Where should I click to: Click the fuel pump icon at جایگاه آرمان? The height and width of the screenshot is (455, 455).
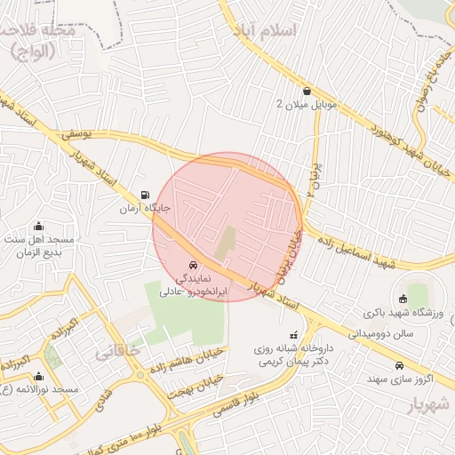point(145,195)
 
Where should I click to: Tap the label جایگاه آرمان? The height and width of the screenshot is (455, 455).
point(146,209)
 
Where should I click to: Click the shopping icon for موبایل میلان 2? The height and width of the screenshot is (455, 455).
point(307,91)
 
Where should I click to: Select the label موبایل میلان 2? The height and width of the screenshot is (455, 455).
point(307,105)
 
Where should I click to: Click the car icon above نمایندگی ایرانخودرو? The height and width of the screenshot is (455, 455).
point(194,265)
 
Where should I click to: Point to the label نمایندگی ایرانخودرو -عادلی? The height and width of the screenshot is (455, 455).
point(194,284)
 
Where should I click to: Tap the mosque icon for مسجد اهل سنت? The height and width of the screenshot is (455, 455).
point(37,226)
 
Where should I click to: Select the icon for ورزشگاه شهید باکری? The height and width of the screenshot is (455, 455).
point(403,299)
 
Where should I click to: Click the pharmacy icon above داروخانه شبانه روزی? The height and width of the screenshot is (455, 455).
point(294,335)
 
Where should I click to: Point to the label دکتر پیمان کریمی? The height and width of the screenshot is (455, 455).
point(294,363)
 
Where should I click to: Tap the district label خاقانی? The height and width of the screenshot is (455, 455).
point(124,350)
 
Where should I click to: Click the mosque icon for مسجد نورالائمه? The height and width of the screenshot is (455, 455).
point(38,376)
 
